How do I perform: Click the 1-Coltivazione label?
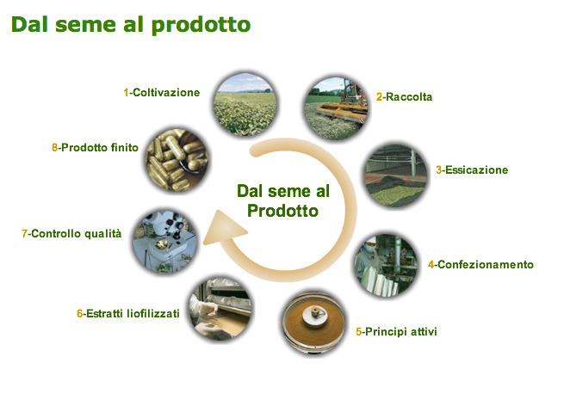162,92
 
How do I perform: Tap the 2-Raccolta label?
405,96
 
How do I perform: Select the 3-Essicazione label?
472,169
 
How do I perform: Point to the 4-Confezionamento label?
480,265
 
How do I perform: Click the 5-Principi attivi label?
396,331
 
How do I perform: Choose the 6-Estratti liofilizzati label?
128,313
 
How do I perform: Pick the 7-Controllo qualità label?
71,234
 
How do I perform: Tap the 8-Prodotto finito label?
95,147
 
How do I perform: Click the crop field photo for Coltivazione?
245,104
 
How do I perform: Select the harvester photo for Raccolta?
336,108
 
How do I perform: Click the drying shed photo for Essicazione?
396,175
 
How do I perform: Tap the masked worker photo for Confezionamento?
387,265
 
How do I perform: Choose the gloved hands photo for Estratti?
220,309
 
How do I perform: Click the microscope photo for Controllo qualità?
165,242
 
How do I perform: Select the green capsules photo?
177,160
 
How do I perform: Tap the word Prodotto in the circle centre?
282,211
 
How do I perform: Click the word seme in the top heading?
86,24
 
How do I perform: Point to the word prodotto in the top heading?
201,25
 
